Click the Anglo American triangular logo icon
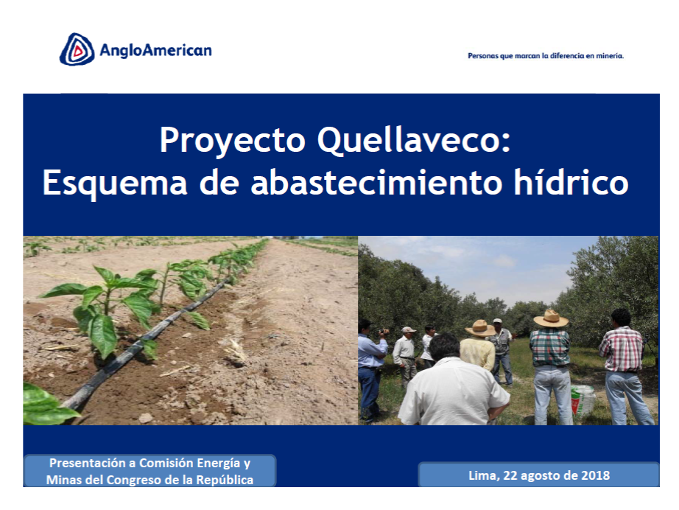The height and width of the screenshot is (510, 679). click(x=77, y=49)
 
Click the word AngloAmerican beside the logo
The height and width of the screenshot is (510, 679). click(x=155, y=50)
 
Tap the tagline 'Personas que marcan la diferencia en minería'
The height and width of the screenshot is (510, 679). click(x=546, y=56)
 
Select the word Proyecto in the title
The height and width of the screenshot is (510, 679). click(x=233, y=140)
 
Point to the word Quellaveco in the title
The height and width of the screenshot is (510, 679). click(x=414, y=140)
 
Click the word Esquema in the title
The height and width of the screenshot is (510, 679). click(x=115, y=183)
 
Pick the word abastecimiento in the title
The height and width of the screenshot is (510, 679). click(x=376, y=182)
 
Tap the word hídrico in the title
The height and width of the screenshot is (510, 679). click(x=571, y=182)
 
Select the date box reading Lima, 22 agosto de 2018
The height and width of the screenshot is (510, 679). click(x=538, y=475)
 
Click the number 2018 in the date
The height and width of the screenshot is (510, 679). click(x=595, y=475)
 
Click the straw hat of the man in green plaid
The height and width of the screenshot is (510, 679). click(x=551, y=318)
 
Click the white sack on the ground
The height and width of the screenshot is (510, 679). click(x=582, y=401)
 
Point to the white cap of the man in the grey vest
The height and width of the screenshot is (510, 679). click(x=498, y=321)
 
